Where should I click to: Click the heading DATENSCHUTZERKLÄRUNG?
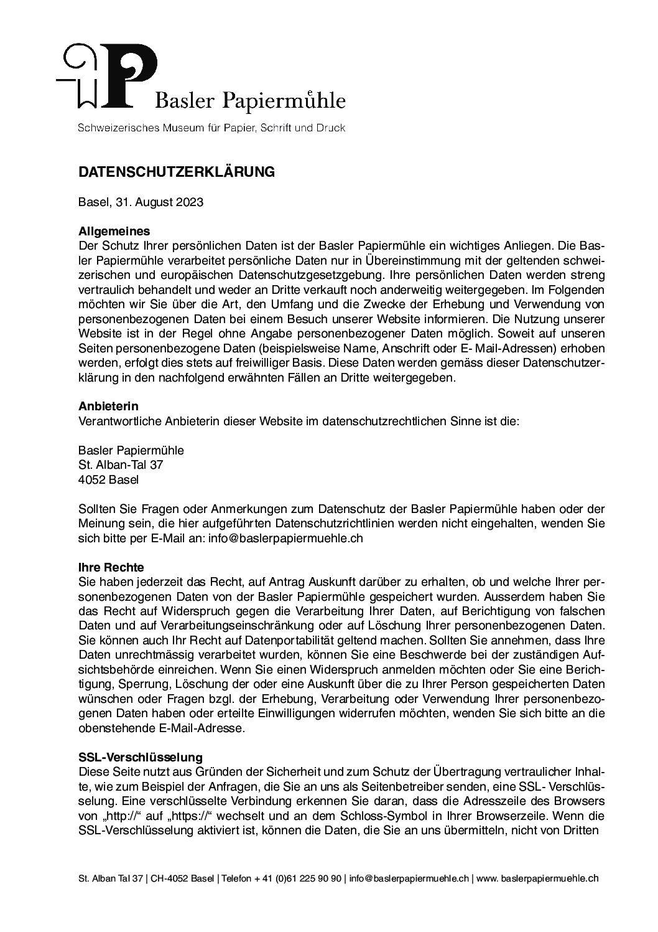(177, 172)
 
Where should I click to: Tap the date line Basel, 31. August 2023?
(141, 202)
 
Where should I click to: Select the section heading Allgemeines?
(114, 232)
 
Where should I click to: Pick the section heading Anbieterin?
(108, 407)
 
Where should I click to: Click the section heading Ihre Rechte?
(111, 567)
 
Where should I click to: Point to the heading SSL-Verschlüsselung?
(141, 757)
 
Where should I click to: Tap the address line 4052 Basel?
(109, 479)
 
